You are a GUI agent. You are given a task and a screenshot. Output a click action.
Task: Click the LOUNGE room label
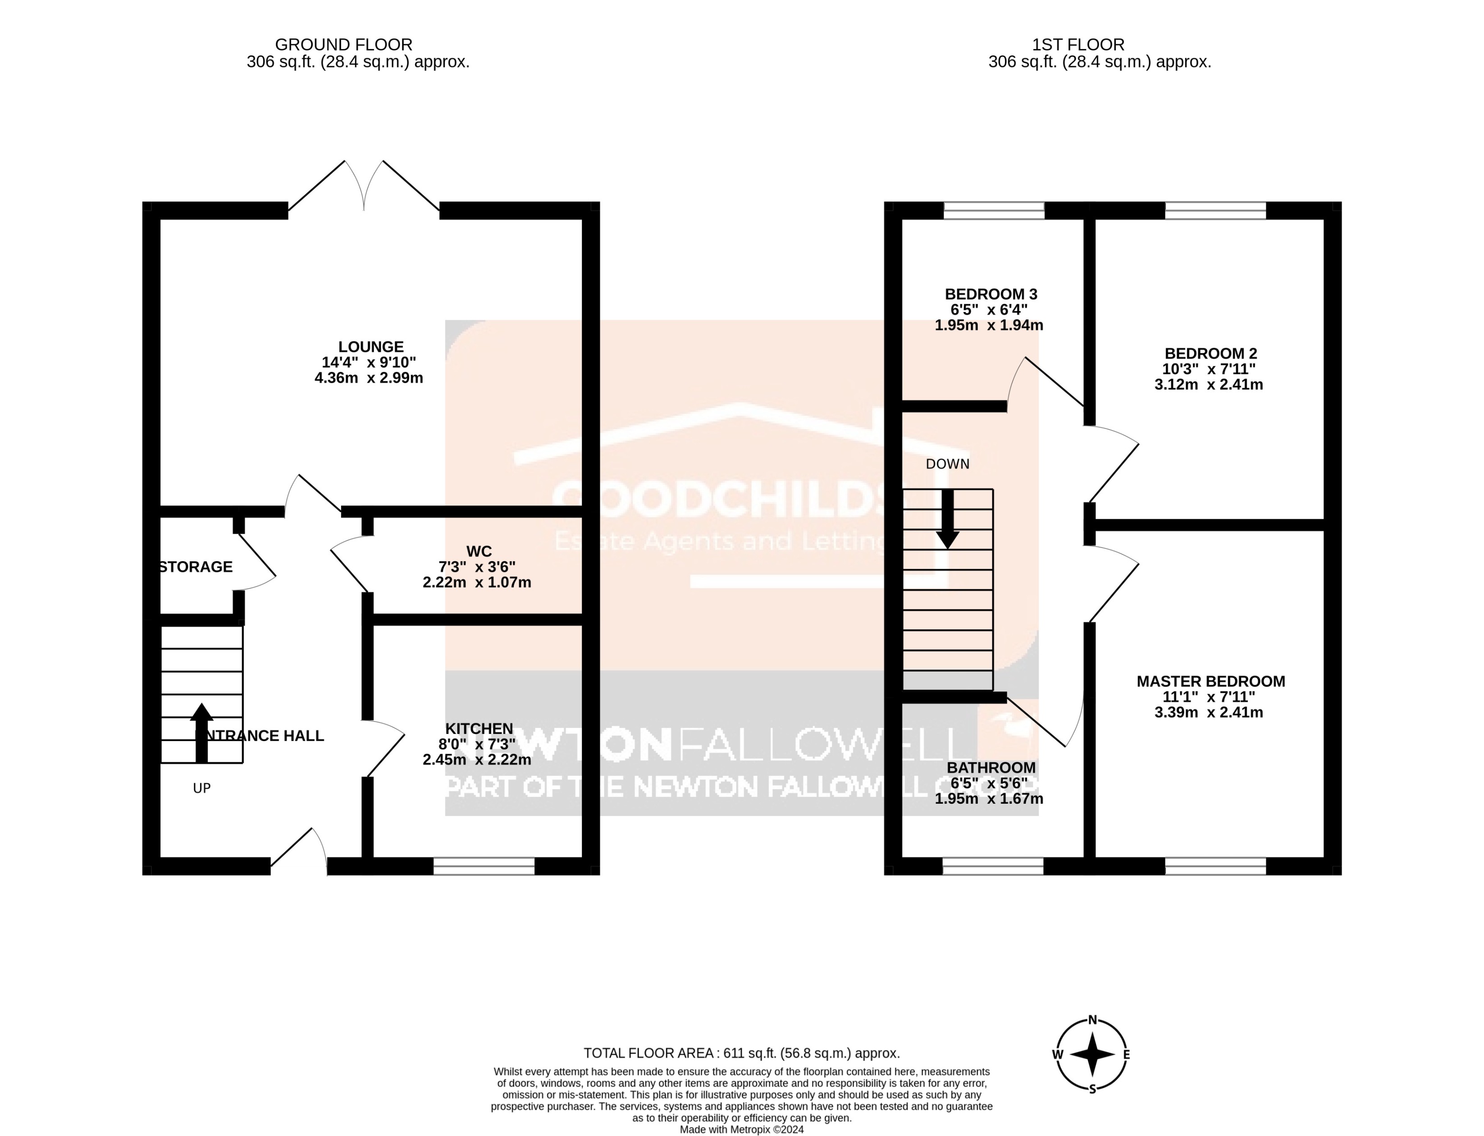click(370, 346)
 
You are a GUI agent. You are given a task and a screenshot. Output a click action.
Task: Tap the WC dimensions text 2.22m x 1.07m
click(477, 582)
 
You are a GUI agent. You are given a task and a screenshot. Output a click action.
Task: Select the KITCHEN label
click(479, 728)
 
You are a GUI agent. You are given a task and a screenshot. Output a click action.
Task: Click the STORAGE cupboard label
click(196, 567)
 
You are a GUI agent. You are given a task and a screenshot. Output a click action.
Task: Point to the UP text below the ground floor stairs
click(201, 788)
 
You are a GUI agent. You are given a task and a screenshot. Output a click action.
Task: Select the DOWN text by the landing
click(947, 464)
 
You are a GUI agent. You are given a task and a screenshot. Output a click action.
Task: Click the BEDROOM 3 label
click(991, 294)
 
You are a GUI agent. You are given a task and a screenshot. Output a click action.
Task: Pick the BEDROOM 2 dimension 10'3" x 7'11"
click(1210, 369)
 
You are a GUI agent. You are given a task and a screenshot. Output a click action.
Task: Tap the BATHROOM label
click(991, 767)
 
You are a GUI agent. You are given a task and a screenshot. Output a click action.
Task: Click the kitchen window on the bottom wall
click(484, 866)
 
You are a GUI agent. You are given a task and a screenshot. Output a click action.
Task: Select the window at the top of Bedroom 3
click(993, 210)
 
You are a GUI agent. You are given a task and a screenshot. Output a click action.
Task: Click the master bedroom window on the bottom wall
click(1215, 866)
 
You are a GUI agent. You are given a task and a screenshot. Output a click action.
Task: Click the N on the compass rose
click(1092, 1021)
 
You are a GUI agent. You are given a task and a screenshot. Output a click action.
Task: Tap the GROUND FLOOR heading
click(343, 45)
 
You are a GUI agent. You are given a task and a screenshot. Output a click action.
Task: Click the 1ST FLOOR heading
click(1078, 45)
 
